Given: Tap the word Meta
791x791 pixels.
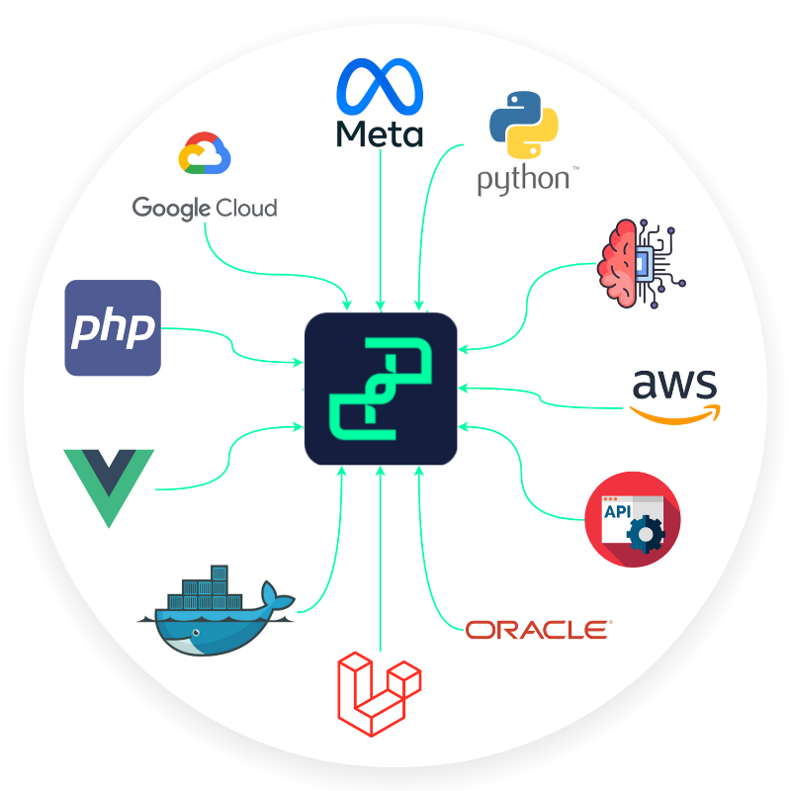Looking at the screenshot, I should click(380, 133).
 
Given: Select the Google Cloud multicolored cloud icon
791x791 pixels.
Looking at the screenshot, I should click(204, 156).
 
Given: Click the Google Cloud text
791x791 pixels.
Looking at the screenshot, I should click(205, 208).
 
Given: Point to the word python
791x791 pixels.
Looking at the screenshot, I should click(523, 180).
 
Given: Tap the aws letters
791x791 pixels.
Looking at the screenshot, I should click(675, 385).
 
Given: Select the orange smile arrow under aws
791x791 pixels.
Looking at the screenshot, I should click(676, 414).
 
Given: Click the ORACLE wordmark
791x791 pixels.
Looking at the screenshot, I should click(538, 629).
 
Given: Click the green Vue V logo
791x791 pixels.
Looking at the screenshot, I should click(109, 484).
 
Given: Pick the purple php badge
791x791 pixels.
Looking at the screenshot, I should click(113, 327).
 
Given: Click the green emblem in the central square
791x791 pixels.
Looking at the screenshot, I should click(381, 388).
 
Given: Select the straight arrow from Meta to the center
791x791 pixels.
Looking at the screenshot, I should click(381, 227).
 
